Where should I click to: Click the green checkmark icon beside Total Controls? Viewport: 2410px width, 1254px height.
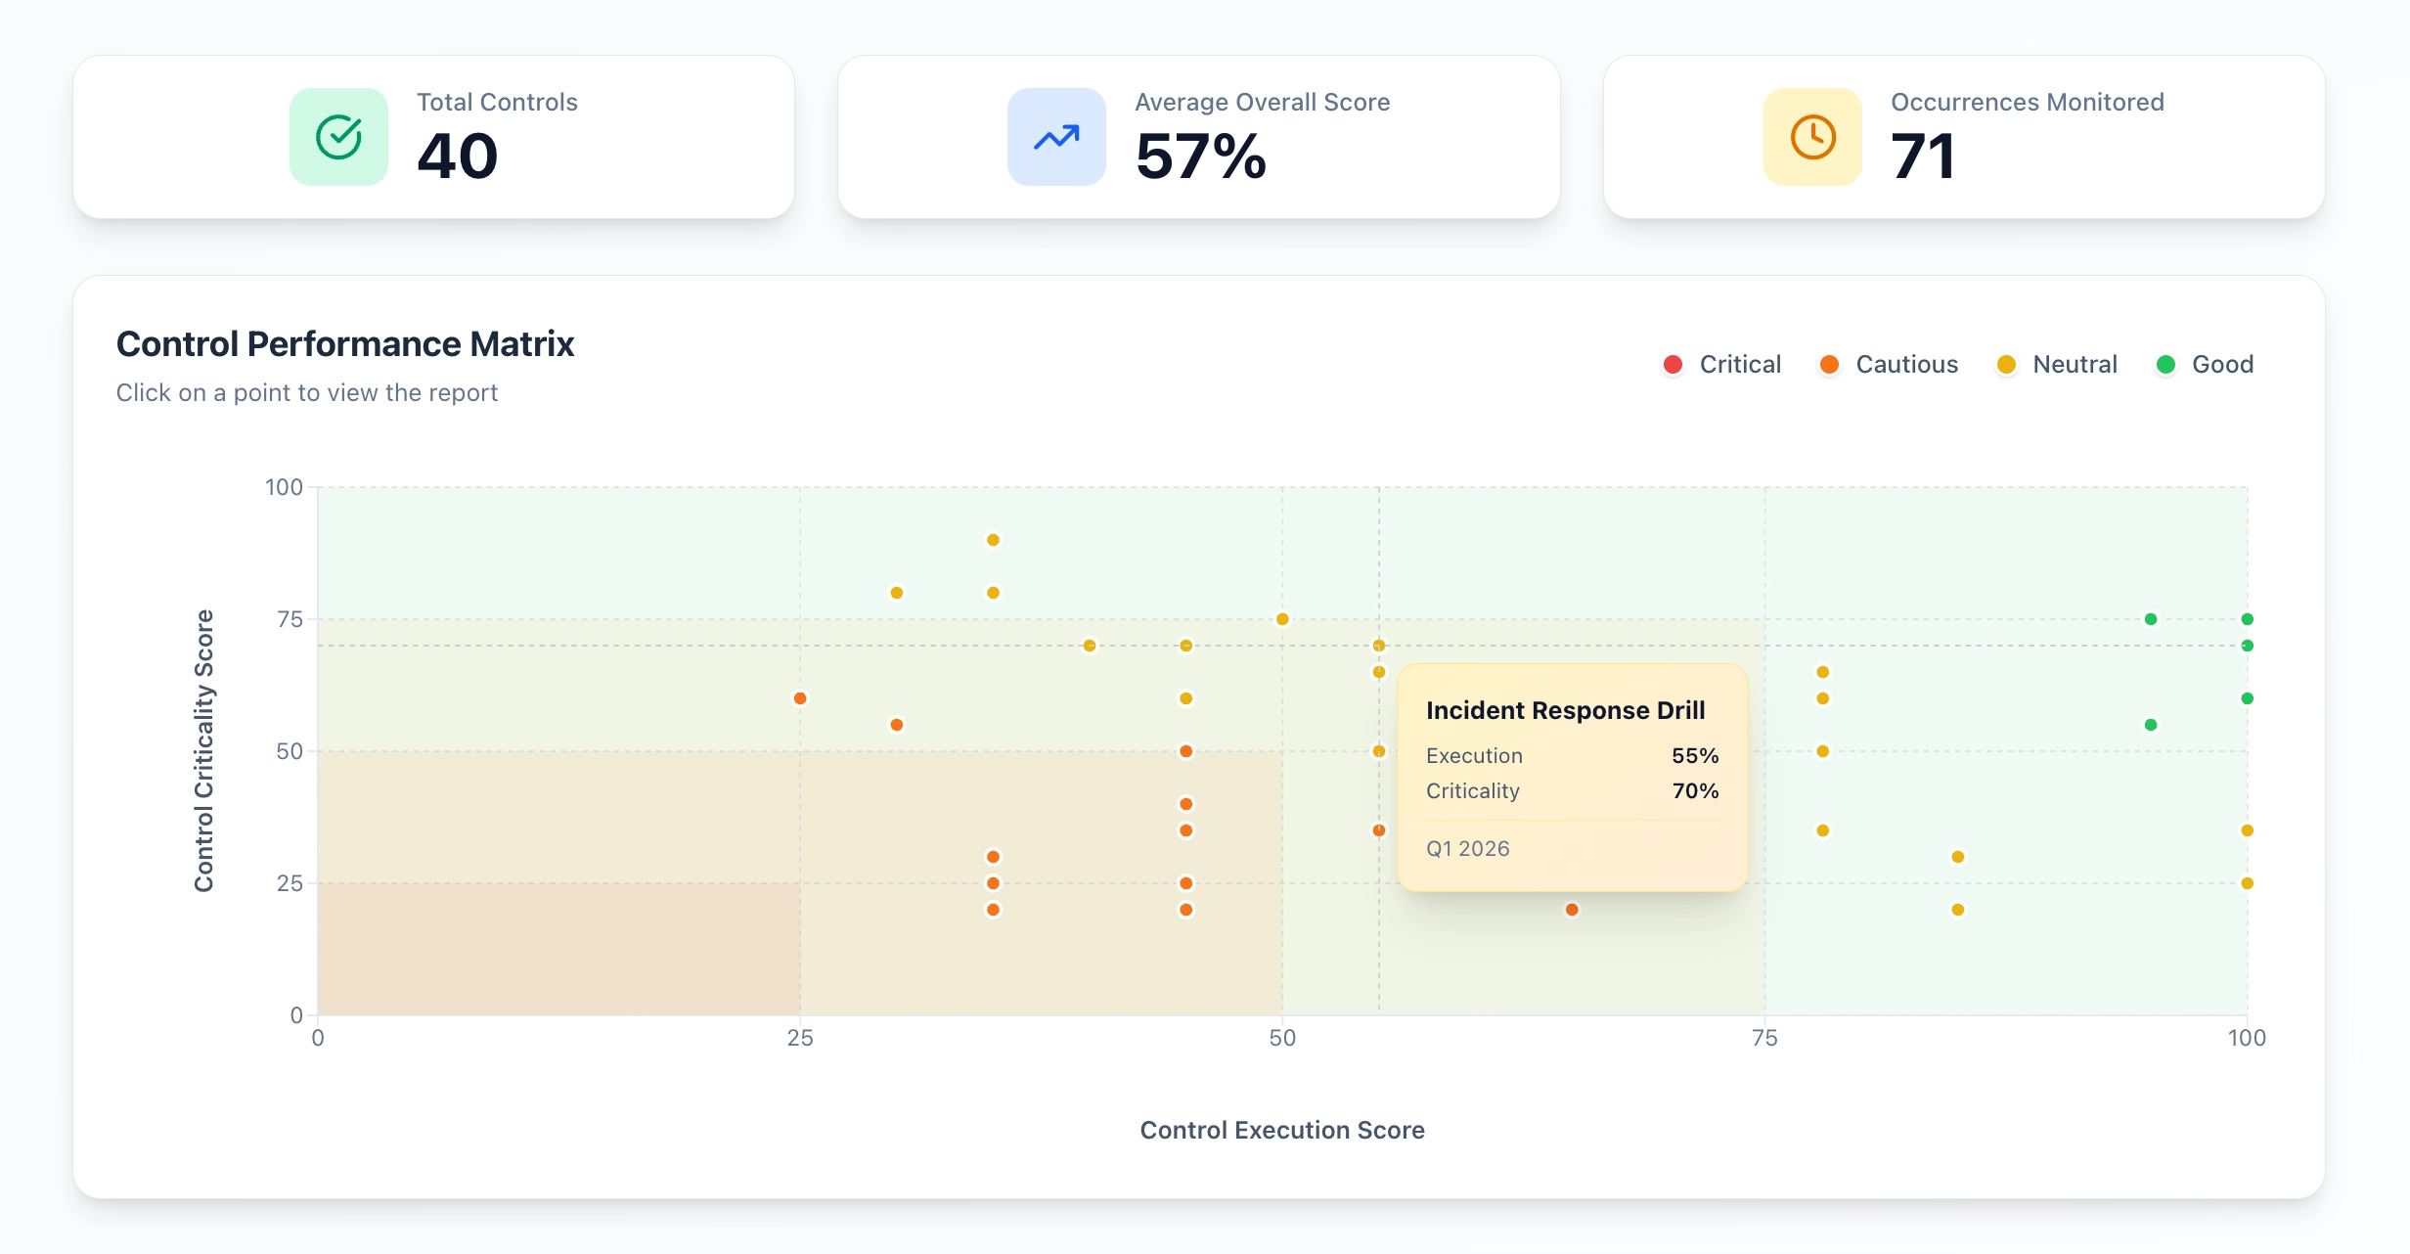click(338, 137)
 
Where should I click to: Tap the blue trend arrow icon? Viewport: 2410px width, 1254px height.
click(1056, 137)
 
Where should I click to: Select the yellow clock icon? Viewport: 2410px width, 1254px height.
click(1812, 137)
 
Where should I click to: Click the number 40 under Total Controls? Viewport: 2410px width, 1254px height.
click(457, 157)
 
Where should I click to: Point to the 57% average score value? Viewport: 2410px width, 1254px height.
click(1200, 157)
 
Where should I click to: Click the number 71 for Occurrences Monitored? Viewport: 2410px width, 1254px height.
click(1922, 157)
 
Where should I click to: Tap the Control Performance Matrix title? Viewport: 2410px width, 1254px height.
click(344, 344)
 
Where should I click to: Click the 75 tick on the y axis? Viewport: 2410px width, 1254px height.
click(290, 619)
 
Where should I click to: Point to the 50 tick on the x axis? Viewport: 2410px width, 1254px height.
click(1281, 1039)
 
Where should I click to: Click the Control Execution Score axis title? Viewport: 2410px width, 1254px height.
click(1281, 1131)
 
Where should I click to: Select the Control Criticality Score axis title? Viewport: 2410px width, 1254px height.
click(203, 750)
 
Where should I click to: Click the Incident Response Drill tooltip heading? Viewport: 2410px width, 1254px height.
click(1565, 710)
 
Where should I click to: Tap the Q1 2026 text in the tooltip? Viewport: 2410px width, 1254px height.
click(1467, 849)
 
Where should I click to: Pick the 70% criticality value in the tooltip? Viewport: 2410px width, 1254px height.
click(1695, 791)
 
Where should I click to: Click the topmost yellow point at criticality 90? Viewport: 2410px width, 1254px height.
click(993, 540)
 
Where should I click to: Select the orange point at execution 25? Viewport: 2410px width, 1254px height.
click(800, 698)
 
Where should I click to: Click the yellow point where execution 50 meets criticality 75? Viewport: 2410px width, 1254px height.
click(1282, 619)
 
